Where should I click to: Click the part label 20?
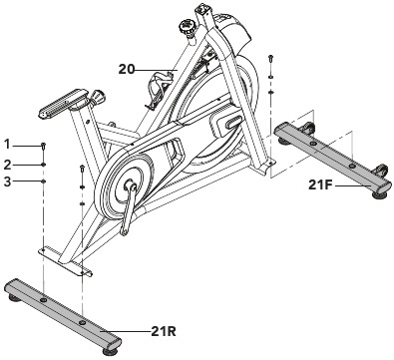tap(127, 70)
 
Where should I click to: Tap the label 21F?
tap(320, 185)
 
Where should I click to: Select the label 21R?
tap(163, 331)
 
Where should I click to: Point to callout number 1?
tap(8, 145)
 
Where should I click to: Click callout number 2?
tap(8, 165)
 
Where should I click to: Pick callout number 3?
tap(8, 181)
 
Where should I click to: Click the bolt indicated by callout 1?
tap(44, 147)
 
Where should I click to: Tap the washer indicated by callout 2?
tap(44, 165)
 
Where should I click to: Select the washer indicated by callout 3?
tap(44, 181)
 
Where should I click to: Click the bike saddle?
tap(62, 103)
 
